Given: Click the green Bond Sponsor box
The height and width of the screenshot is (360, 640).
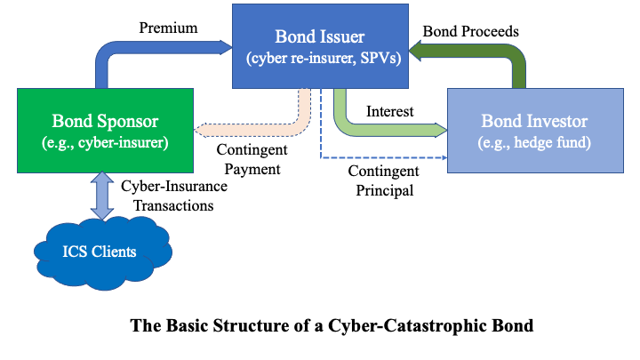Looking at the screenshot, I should coord(105,130).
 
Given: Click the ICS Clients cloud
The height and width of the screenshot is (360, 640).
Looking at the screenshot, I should coord(100,252).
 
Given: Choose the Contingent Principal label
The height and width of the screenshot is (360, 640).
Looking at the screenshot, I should coord(379,179).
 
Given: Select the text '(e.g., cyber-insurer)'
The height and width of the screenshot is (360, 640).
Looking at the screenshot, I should coord(105,142).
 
